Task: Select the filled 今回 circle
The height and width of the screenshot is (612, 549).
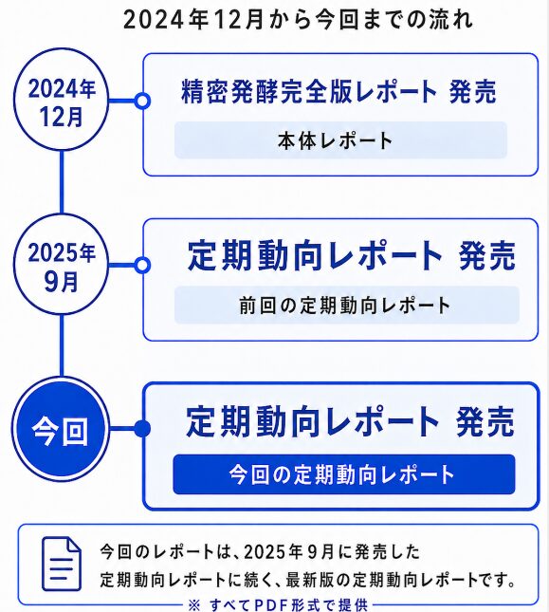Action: coord(61,429)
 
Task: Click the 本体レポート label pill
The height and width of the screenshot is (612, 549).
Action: coord(340,140)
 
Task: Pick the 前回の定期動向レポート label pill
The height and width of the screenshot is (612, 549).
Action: coord(346,306)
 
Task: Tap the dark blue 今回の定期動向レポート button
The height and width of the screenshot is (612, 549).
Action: coord(344,474)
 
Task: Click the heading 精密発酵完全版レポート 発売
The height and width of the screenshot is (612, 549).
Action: coord(339,92)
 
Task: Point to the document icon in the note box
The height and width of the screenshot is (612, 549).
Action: coord(62,564)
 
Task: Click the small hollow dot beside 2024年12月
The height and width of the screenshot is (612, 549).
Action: coord(142,101)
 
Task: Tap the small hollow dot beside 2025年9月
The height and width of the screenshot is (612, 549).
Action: coord(142,266)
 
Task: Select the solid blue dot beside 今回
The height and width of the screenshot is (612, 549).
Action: coord(142,429)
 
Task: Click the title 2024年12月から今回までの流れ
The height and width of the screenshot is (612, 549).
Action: coord(298,20)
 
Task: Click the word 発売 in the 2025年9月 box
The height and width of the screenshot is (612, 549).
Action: coord(487,255)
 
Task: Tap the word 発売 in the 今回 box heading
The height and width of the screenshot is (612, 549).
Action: coord(485,421)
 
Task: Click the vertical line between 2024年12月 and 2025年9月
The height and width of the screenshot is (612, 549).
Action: coord(62,182)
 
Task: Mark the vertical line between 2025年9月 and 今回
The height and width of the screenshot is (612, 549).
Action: coord(62,346)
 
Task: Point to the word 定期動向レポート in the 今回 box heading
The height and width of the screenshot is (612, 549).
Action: coord(313,421)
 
